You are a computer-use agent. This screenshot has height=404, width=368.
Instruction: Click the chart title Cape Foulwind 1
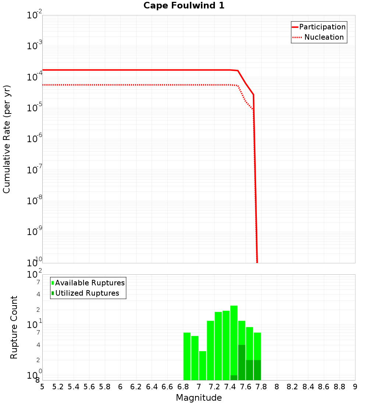coord(184,6)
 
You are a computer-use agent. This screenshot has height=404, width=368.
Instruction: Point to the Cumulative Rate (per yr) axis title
coord(7,139)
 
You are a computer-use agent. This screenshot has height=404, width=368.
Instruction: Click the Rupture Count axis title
coord(14,327)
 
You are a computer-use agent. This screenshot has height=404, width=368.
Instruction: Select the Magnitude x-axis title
coord(199,398)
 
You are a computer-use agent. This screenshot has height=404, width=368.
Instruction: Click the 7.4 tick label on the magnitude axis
coord(230,387)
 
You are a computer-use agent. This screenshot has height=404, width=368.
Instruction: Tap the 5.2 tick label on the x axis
coord(58,387)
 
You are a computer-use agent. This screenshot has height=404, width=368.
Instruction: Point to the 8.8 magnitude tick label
coord(339,387)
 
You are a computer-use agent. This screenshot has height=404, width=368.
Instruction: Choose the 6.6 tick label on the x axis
coord(167,387)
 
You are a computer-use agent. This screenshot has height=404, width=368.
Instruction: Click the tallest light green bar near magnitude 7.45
coord(234,340)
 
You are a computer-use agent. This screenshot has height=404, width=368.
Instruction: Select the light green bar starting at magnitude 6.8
coord(187,356)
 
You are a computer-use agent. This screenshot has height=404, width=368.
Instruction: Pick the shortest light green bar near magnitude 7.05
coord(202,365)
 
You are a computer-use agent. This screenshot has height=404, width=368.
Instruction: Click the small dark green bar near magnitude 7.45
coord(234,378)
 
